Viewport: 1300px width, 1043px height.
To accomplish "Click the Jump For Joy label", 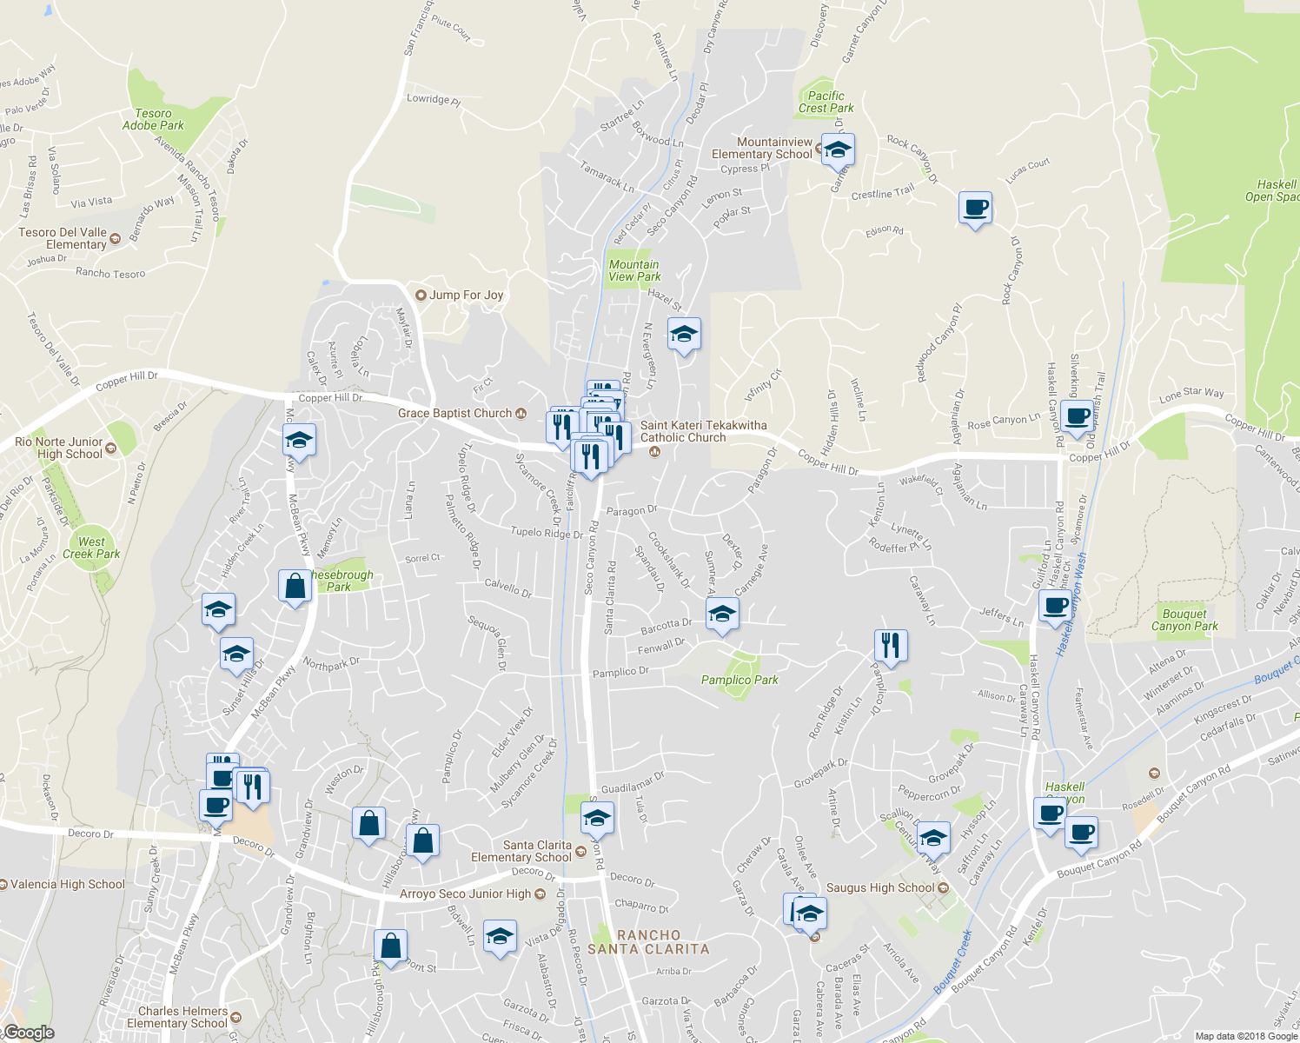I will tap(466, 295).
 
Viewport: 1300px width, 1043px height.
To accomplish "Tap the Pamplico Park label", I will tap(740, 680).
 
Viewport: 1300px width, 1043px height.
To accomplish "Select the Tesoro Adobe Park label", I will tap(153, 120).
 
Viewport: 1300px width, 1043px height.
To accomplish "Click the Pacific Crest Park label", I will tap(826, 103).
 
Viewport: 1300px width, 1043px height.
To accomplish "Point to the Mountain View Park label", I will tap(634, 270).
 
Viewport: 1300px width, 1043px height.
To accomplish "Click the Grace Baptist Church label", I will tap(454, 413).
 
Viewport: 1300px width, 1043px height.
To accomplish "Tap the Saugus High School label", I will tap(879, 887).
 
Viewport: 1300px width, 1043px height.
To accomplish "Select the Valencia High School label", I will tap(68, 884).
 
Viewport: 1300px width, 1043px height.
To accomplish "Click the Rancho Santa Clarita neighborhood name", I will tap(648, 942).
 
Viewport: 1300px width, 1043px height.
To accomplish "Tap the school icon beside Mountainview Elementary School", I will tap(838, 149).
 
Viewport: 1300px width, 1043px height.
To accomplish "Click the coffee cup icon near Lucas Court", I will tap(975, 209).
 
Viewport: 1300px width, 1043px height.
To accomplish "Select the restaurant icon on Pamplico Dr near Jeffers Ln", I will tap(891, 645).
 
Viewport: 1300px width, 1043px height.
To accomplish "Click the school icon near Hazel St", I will tap(684, 334).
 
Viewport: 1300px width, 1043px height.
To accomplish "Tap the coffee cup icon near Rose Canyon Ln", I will tap(1077, 415).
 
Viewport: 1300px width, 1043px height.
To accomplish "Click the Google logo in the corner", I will tap(29, 1033).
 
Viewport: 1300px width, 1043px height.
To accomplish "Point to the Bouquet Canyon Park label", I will tap(1184, 620).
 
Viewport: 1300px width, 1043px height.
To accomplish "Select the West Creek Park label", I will tap(91, 548).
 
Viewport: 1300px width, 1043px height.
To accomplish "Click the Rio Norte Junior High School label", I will tap(59, 448).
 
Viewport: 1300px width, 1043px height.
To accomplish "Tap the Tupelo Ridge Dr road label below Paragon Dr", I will tap(546, 533).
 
